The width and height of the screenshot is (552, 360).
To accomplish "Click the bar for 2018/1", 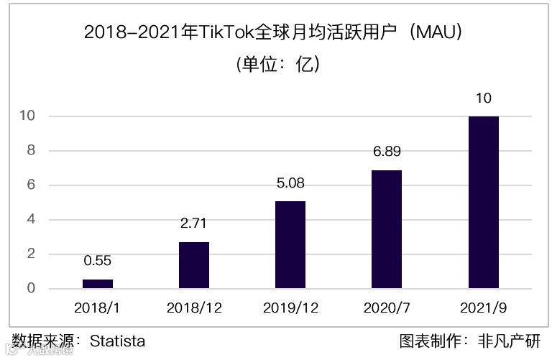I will click(x=98, y=284).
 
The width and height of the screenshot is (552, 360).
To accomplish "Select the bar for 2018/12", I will click(x=194, y=265).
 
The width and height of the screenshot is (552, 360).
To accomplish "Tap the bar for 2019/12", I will click(x=290, y=245).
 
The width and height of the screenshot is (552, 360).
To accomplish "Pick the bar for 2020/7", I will click(x=387, y=229).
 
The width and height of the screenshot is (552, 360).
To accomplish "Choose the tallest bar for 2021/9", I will click(x=483, y=203).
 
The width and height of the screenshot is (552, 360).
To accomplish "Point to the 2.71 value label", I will click(x=194, y=224).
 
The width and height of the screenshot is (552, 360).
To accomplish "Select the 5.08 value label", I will click(x=290, y=183).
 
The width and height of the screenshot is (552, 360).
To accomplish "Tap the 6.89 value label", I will click(x=387, y=152).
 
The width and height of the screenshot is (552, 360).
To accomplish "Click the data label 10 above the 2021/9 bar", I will click(x=483, y=98).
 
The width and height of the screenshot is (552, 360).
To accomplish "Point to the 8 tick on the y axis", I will click(x=31, y=151).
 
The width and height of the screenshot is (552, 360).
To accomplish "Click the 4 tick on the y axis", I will click(x=31, y=220).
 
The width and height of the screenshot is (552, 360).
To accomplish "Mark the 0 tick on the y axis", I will click(x=31, y=289).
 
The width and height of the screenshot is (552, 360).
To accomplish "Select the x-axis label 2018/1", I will click(x=98, y=308).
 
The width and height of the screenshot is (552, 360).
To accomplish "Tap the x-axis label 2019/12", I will click(x=290, y=308).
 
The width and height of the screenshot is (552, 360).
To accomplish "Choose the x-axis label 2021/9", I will click(x=483, y=308).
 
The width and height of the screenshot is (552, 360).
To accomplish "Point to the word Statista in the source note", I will click(x=117, y=341).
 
